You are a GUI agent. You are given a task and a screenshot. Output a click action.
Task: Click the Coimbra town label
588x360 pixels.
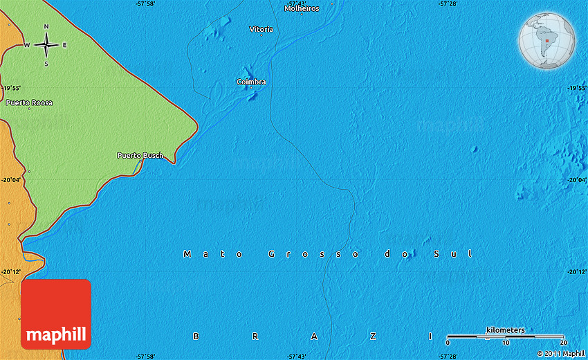[x=251, y=82]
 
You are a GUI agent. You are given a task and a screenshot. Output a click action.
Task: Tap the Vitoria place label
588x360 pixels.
[x=261, y=29]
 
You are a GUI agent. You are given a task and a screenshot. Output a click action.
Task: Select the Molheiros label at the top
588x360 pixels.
[x=302, y=8]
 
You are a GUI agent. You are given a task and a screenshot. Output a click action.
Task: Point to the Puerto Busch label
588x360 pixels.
[x=140, y=155]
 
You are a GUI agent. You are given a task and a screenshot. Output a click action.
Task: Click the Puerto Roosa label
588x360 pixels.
[x=29, y=102]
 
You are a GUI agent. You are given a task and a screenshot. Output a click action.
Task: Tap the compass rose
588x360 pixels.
[x=46, y=46]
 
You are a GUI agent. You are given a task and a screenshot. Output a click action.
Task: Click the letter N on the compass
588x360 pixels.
[x=46, y=27]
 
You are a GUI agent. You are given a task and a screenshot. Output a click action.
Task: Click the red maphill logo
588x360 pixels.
[x=56, y=314]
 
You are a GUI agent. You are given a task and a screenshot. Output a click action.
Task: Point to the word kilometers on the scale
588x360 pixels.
[x=505, y=330]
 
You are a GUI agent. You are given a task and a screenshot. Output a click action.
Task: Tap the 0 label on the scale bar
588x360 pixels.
[x=448, y=343]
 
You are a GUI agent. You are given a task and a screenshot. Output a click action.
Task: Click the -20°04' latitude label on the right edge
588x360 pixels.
[x=576, y=180]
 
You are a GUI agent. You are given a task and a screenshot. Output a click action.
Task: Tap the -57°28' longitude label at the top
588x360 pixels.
[x=448, y=4]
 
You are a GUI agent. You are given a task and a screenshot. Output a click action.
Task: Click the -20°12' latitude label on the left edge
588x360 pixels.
[x=12, y=272]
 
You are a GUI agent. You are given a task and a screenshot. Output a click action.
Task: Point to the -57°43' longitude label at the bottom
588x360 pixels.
[x=296, y=356]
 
